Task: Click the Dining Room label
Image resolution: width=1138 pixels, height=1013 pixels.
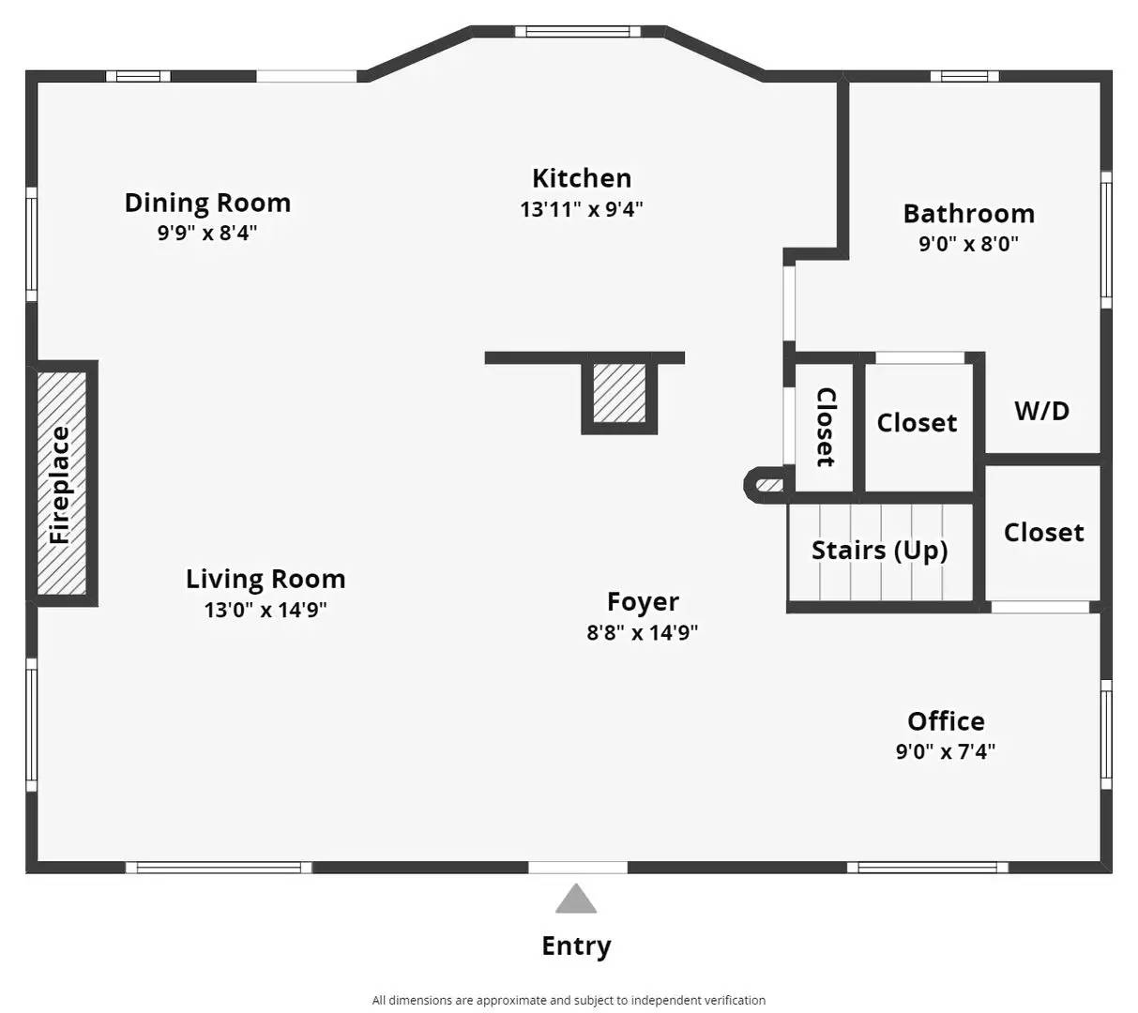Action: (207, 203)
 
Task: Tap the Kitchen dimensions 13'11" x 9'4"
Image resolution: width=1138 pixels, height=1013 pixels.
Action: (582, 209)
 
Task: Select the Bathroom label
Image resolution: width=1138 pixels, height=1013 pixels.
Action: (968, 214)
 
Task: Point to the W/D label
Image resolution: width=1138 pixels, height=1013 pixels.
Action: (1041, 411)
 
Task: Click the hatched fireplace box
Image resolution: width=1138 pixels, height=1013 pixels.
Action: (62, 484)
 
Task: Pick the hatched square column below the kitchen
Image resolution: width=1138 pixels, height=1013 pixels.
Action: (619, 393)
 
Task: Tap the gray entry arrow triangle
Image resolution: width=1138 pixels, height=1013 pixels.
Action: (576, 900)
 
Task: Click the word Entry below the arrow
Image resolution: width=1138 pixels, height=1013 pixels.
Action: (576, 945)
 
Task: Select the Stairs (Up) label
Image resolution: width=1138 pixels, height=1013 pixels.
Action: (879, 550)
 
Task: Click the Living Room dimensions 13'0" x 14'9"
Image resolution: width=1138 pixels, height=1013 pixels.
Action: (266, 611)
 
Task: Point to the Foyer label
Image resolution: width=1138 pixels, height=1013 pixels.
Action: (643, 601)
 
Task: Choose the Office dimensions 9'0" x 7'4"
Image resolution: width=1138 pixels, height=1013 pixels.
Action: (946, 751)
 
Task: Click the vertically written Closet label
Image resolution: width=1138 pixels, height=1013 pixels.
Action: (825, 427)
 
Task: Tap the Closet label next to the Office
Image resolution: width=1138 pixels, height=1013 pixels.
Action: (1043, 533)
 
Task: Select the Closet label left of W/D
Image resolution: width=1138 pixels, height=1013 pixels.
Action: (917, 423)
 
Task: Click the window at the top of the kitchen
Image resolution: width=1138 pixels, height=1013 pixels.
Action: (577, 31)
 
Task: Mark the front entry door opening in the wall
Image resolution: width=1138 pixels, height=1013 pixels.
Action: (577, 868)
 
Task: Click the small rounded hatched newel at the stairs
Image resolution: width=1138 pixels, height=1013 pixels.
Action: (766, 485)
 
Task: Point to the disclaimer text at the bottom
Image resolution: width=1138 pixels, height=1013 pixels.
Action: (569, 1000)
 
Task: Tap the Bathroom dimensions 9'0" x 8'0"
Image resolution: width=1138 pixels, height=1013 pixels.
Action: (968, 245)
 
